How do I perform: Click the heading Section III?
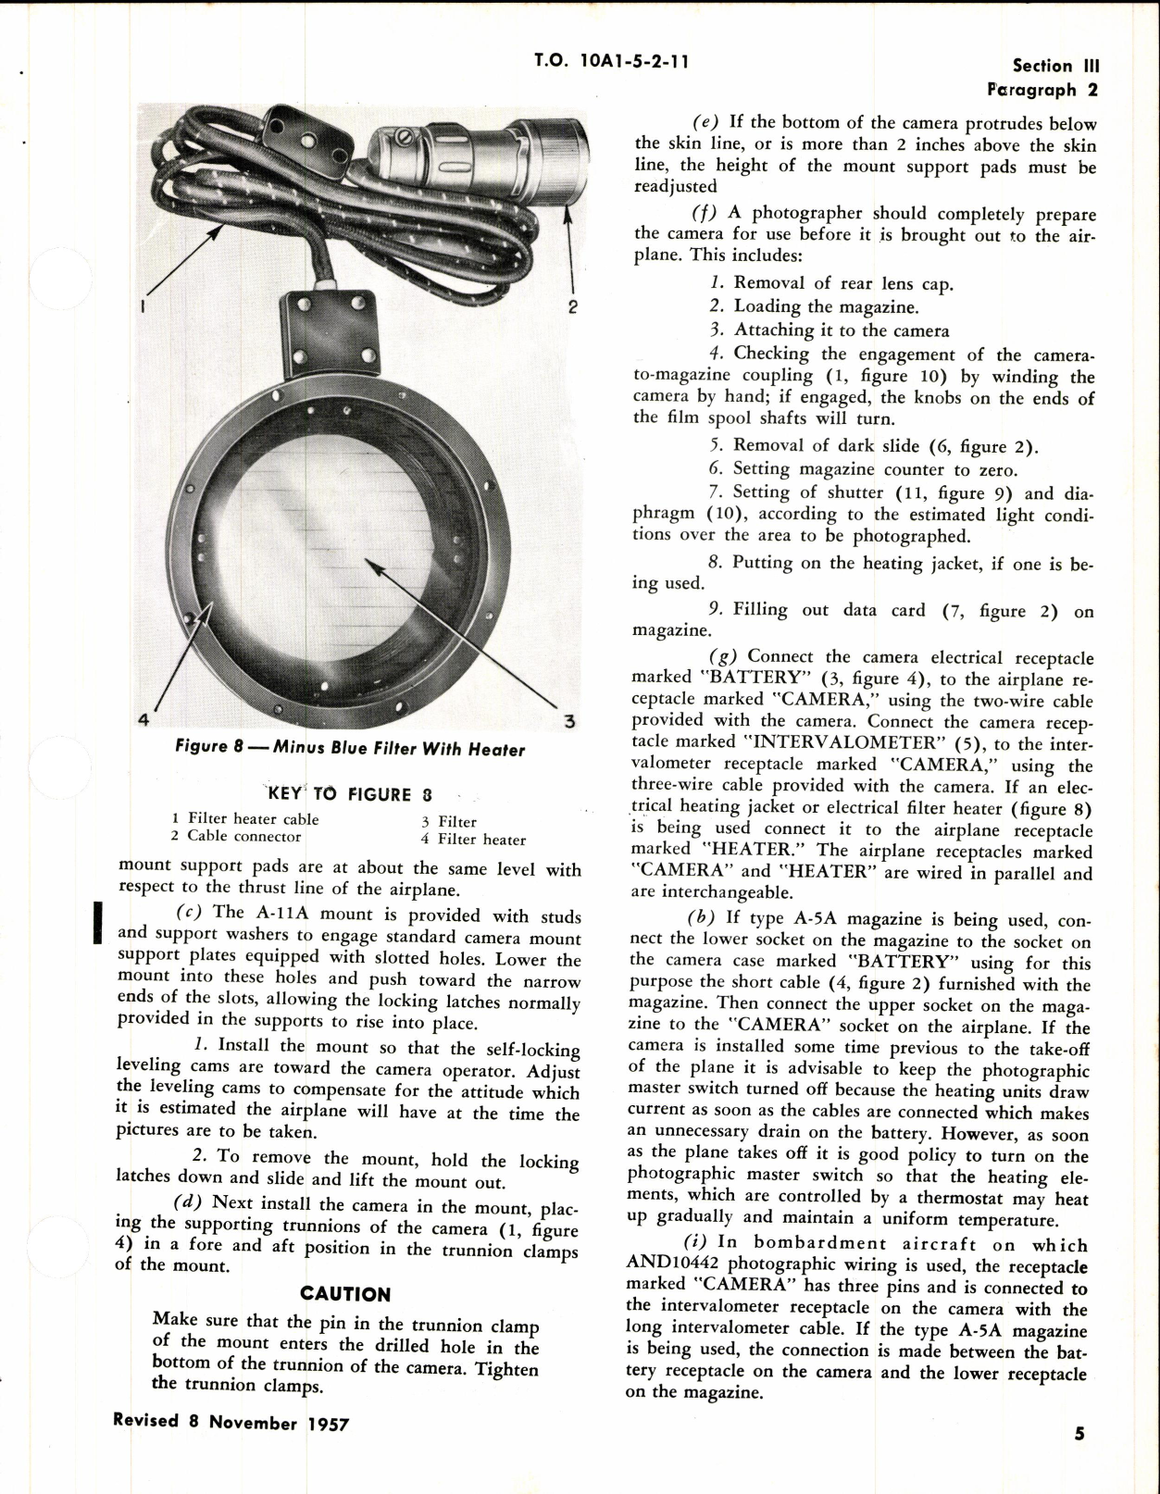[1055, 66]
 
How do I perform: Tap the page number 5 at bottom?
[1079, 1434]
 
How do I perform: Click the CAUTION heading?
[345, 1294]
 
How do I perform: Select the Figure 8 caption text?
[350, 748]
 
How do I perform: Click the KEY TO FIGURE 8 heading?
[350, 794]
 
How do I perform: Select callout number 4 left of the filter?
[143, 719]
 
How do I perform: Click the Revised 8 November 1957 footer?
[231, 1423]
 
